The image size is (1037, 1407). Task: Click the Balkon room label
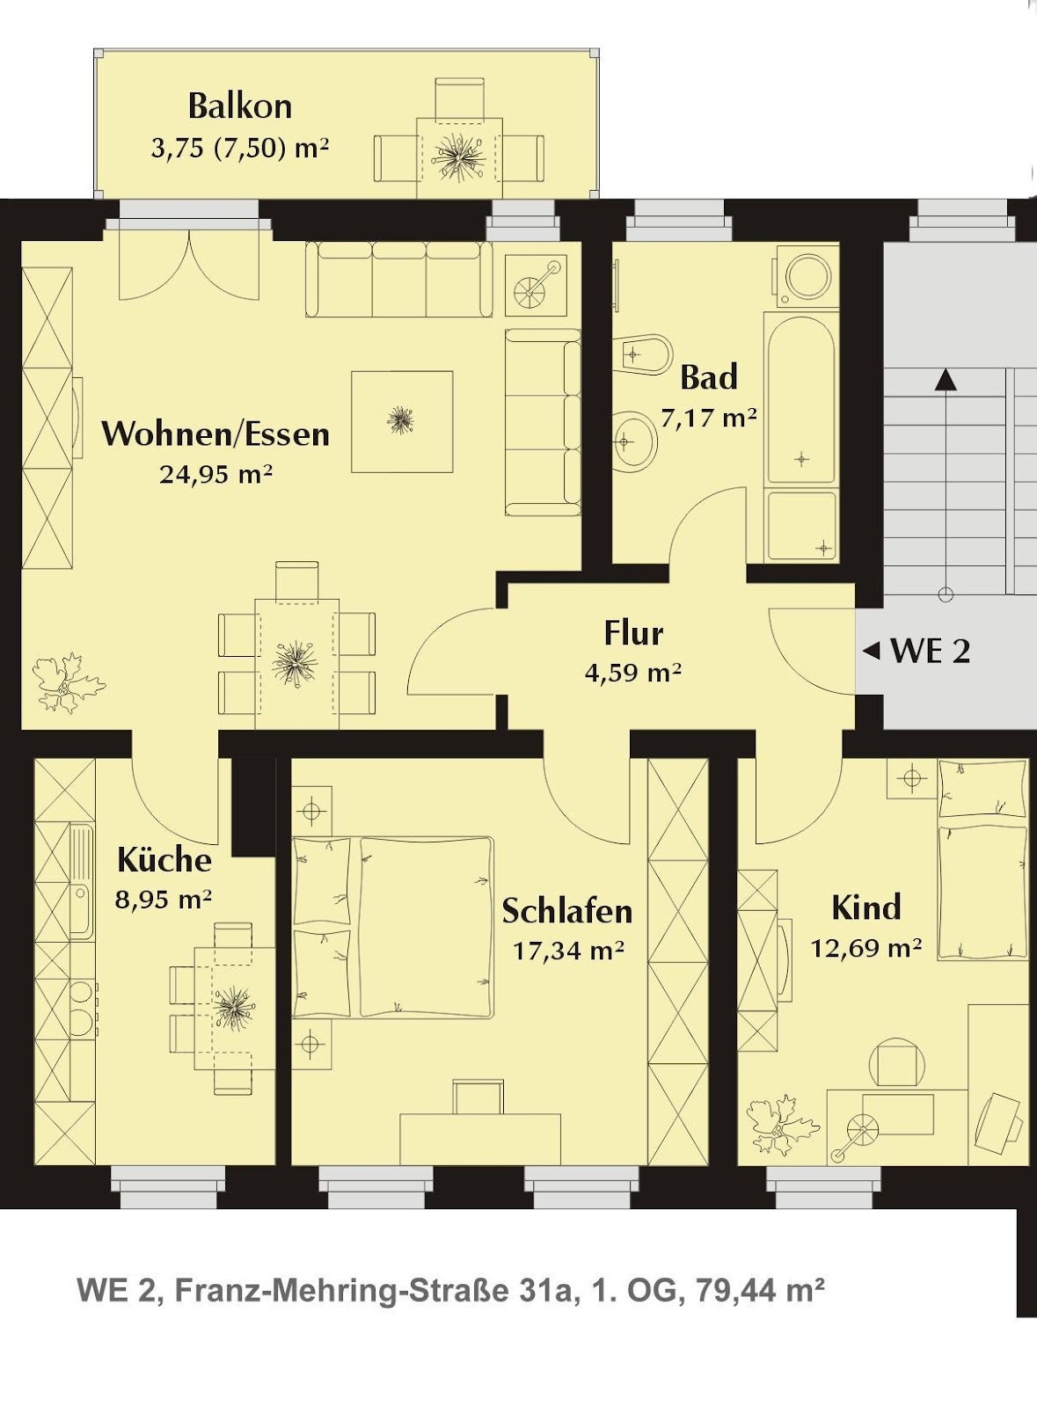pos(240,106)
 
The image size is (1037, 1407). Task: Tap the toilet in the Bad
pos(643,354)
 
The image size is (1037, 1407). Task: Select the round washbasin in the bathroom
pos(634,441)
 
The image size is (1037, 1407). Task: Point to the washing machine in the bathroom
pos(807,276)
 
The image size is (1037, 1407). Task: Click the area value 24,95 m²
pos(215,474)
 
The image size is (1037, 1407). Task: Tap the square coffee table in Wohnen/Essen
pos(402,421)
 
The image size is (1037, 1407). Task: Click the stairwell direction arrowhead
pos(945,379)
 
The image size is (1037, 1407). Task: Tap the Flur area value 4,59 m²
pos(633,673)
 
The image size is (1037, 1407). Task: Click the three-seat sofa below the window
pos(398,279)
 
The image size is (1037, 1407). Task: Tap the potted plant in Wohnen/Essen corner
pos(68,682)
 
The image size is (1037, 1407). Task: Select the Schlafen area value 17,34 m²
pos(568,951)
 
